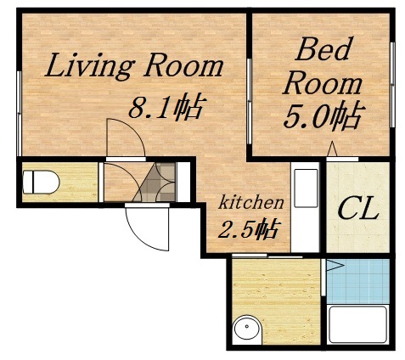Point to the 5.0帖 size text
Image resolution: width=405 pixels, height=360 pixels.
[x=323, y=115]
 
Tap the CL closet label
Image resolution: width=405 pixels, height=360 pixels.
[x=359, y=208]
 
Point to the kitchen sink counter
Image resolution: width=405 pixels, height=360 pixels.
[x=306, y=204]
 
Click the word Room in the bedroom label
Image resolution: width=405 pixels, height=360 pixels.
[x=323, y=83]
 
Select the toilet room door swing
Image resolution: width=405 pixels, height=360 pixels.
[x=115, y=182]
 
